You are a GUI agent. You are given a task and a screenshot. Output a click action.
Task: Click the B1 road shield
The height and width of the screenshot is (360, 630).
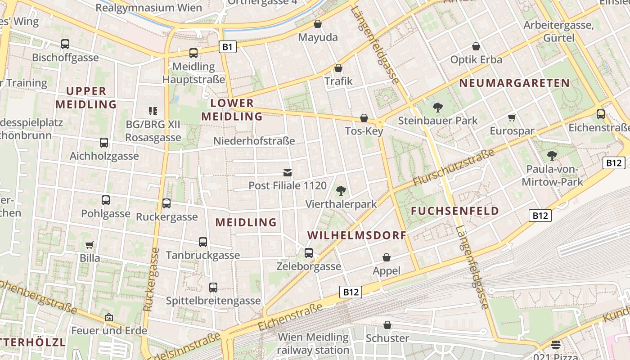pyautogui.click(x=228, y=46)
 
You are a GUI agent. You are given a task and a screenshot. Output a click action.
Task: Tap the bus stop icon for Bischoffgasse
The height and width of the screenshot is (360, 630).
pyautogui.click(x=65, y=44)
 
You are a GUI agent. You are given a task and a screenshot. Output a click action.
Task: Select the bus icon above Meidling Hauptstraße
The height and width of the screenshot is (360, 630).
pyautogui.click(x=193, y=53)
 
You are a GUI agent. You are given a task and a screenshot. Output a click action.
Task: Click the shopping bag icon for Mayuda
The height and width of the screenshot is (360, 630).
pyautogui.click(x=318, y=24)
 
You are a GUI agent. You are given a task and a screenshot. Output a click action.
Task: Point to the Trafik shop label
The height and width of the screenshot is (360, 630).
pyautogui.click(x=338, y=81)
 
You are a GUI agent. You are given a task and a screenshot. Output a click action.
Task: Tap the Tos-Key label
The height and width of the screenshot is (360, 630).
pyautogui.click(x=364, y=131)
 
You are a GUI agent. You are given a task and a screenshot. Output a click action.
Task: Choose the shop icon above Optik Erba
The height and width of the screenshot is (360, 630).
pyautogui.click(x=476, y=46)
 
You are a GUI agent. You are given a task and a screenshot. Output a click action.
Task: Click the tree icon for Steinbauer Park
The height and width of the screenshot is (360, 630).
pyautogui.click(x=437, y=108)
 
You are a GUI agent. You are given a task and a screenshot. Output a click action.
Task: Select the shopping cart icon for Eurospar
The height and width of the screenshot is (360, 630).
pyautogui.click(x=512, y=118)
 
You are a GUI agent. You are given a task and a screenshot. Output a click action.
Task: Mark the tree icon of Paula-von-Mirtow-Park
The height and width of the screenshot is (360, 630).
pyautogui.click(x=552, y=156)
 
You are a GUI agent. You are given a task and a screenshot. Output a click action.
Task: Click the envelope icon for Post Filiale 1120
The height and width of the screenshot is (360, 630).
pyautogui.click(x=288, y=172)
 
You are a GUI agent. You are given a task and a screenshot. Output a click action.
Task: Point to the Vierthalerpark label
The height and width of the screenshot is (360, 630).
pyautogui.click(x=341, y=204)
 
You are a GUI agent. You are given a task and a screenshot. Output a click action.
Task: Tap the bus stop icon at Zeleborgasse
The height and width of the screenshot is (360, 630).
pyautogui.click(x=309, y=253)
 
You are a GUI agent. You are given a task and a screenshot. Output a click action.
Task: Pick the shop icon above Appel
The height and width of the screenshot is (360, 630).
pyautogui.click(x=386, y=257)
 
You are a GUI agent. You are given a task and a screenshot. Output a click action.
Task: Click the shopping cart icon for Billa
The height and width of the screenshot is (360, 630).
pyautogui.click(x=90, y=245)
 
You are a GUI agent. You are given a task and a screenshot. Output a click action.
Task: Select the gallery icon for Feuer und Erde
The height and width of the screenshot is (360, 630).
pyautogui.click(x=109, y=317)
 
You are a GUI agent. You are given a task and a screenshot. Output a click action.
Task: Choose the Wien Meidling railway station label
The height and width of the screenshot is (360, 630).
pyautogui.click(x=313, y=343)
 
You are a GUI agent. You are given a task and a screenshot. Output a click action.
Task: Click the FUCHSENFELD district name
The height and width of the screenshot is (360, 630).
pyautogui.click(x=455, y=211)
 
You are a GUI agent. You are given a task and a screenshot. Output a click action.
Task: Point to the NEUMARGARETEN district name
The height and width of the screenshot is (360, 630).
pyautogui.click(x=514, y=83)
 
